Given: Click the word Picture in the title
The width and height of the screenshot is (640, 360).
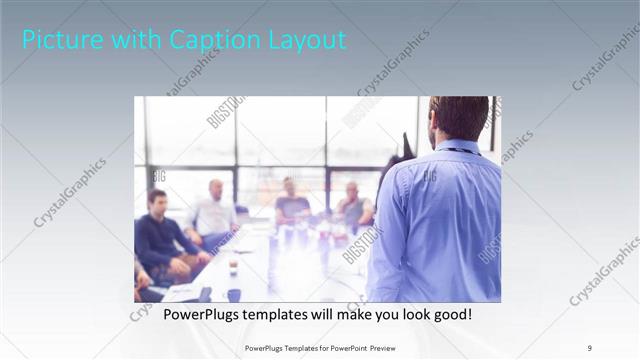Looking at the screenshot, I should click(56, 40).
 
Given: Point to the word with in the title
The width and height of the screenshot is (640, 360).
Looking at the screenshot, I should click(128, 40).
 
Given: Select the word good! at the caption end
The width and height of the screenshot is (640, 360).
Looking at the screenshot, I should click(450, 315).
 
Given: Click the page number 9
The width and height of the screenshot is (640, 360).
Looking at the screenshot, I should click(590, 348).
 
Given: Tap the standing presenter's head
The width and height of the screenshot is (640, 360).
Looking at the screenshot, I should click(458, 118).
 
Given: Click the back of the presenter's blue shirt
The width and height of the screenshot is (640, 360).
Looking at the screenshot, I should click(440, 220).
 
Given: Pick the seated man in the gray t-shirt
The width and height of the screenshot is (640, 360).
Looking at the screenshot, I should click(292, 205).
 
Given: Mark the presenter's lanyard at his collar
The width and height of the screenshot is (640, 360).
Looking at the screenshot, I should click(459, 150).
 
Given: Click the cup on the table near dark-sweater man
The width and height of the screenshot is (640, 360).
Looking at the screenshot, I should click(232, 267).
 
